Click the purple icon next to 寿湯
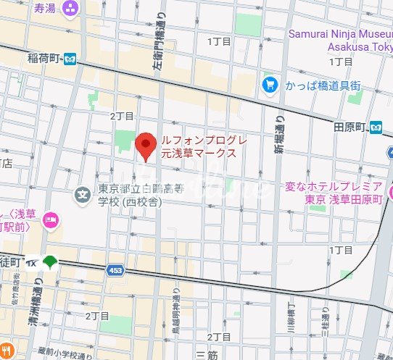click(71, 9)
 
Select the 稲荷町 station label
click(43, 58)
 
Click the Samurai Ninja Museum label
click(340, 39)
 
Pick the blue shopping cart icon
click(270, 85)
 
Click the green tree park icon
click(50, 263)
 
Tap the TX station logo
click(33, 264)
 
